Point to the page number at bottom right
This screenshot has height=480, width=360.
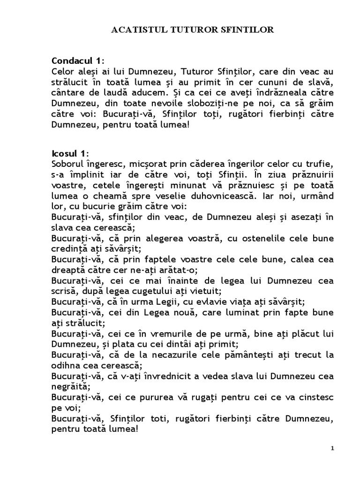coord(332,448)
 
